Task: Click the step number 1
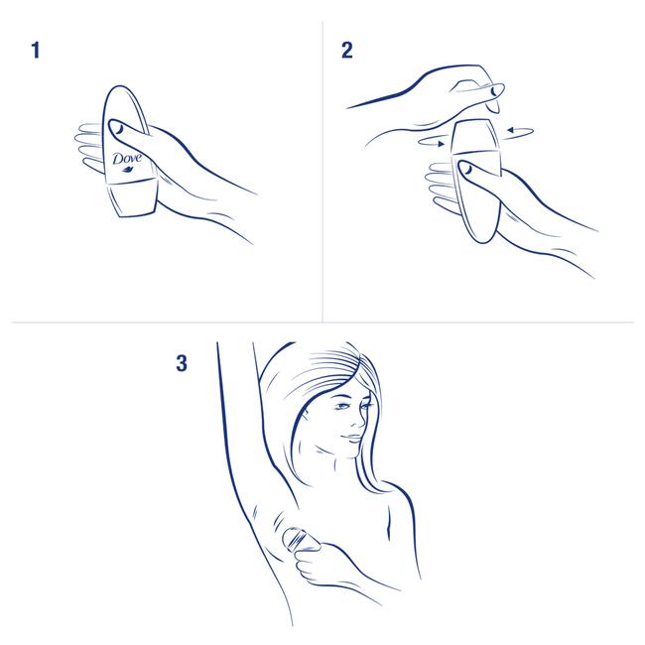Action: coord(36,51)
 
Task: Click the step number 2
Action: coord(347,51)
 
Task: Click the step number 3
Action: coord(182,363)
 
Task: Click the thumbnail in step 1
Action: coord(118,130)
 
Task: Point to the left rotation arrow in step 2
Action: coord(432,142)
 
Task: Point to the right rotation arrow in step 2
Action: coord(520,132)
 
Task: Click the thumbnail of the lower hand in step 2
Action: coord(467,168)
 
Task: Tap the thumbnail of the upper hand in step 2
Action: coord(494,91)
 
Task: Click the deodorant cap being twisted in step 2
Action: coord(476,137)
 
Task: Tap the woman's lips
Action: coord(352,439)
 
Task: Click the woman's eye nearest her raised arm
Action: coord(341,407)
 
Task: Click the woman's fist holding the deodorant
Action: coord(315,565)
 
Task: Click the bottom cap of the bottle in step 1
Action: coord(132,198)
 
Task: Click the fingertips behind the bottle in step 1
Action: coord(87,147)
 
